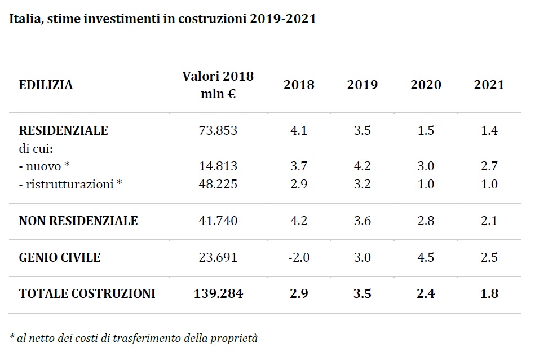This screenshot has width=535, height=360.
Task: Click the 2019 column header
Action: pos(362,85)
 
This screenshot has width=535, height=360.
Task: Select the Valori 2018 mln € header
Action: pos(218,85)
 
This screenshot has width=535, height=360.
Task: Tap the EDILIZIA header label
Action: pos(46,85)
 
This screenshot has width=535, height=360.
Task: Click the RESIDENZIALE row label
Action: pos(64,130)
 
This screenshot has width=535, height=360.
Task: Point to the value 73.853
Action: pos(218,130)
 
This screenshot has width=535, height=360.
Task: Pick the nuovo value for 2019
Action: pos(362,166)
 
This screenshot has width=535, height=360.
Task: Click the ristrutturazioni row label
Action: pos(70,184)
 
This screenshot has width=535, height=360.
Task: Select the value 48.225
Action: pos(218,184)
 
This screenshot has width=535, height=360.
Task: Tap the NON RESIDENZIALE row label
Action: pos(78,221)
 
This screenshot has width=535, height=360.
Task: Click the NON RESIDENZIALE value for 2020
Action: pos(426,221)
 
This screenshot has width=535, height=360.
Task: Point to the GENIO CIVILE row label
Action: pos(60,257)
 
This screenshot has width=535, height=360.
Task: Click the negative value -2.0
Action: pos(299,257)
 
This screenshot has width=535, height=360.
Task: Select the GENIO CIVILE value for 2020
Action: pos(426,257)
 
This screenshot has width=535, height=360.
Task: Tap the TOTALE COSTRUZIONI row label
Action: pos(87,294)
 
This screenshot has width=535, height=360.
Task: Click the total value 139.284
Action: pos(218,294)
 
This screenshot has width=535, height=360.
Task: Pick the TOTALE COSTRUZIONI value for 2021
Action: pos(489,294)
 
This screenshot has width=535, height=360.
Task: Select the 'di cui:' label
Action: pos(36,148)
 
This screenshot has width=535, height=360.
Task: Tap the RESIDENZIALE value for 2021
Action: pos(489,130)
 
